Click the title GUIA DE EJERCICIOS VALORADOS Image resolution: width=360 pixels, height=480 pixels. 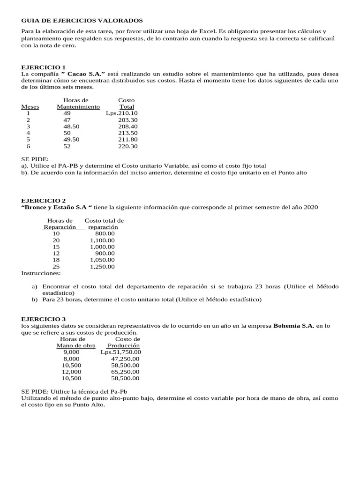point(82,21)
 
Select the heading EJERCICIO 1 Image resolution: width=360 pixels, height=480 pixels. point(44,67)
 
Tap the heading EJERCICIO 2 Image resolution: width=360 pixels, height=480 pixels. point(44,201)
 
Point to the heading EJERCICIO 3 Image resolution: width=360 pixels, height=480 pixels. point(44,319)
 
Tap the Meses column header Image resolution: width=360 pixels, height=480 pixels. point(30,107)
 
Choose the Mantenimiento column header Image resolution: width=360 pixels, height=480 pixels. point(78,107)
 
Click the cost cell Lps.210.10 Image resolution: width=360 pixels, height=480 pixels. point(121,113)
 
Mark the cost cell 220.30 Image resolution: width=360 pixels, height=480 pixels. point(127,146)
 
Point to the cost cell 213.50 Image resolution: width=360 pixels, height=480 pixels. point(127,133)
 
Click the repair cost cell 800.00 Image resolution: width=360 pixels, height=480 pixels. point(105,233)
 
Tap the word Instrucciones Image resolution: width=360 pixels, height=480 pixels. point(41,273)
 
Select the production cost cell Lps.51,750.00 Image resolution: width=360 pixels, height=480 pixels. point(120,352)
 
